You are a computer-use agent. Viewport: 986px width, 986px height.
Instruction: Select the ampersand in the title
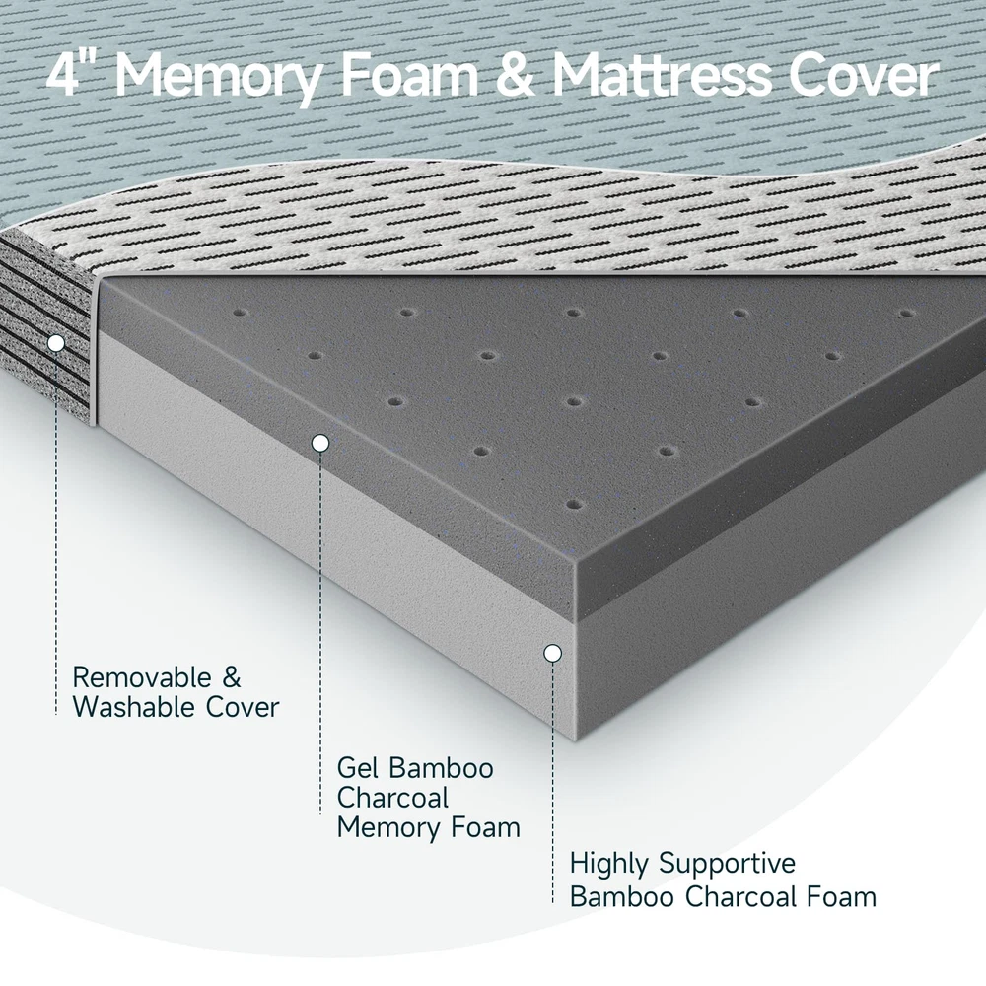pos(516,77)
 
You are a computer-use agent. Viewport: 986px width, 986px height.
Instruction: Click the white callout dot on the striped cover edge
pos(56,343)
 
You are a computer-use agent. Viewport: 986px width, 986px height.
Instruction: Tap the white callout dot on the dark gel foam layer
pos(320,444)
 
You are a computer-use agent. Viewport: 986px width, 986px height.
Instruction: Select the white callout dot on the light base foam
pos(553,654)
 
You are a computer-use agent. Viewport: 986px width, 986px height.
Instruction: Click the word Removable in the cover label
pos(142,678)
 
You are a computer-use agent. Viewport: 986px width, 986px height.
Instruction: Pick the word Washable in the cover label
pos(134,707)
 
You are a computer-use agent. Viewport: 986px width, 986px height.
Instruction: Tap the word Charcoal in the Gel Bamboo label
pos(393,798)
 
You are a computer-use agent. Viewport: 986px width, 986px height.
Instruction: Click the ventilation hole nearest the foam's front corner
pos(575,504)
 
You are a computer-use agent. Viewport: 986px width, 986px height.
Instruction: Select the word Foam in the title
pos(409,77)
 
